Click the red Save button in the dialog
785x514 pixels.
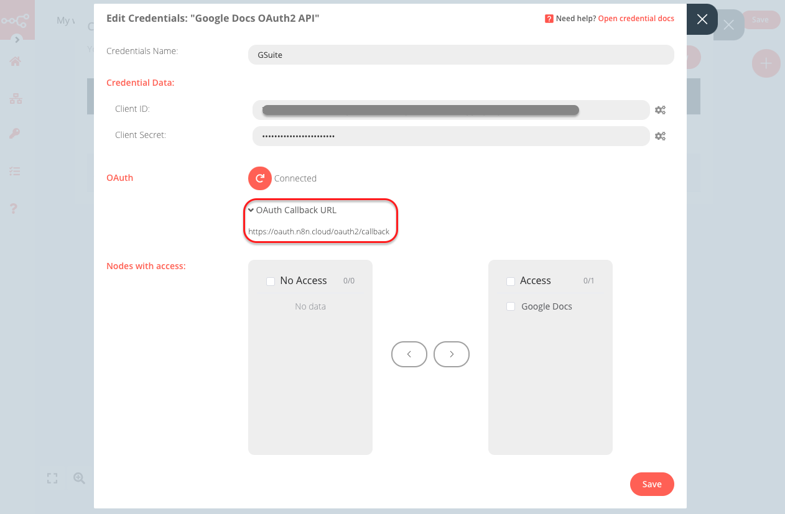click(x=651, y=484)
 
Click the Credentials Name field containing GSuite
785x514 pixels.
click(x=460, y=55)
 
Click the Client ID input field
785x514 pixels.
click(x=450, y=110)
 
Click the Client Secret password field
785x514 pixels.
click(x=450, y=135)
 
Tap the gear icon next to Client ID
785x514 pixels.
click(x=660, y=110)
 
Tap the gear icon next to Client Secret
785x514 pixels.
click(x=660, y=136)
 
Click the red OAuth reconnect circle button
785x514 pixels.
click(x=260, y=178)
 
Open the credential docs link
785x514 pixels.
click(x=636, y=19)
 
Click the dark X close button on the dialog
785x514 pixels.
click(x=702, y=19)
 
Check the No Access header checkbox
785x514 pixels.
click(x=271, y=281)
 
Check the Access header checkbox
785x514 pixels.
click(x=511, y=281)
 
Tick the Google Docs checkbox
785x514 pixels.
click(x=511, y=306)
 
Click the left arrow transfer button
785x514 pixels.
click(x=409, y=354)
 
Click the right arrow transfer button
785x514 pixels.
click(x=451, y=354)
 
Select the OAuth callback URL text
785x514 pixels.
click(x=318, y=231)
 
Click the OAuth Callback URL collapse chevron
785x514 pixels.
click(x=251, y=210)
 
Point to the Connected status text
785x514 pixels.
click(x=295, y=178)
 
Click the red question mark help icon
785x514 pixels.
click(x=549, y=19)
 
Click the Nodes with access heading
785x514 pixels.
click(x=146, y=266)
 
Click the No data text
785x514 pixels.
click(x=310, y=306)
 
